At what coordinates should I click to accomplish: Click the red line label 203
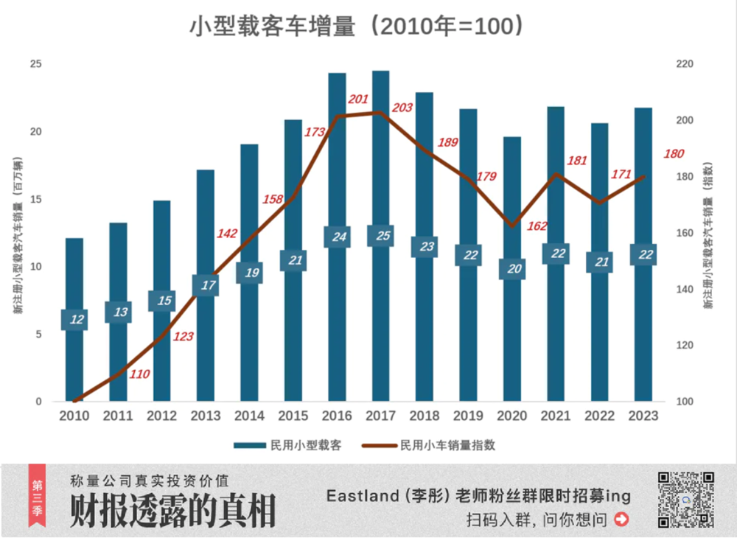pos(402,108)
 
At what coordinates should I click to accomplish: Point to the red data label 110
pos(139,374)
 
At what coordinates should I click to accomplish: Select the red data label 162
pos(537,226)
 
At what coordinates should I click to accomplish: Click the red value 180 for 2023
pos(674,153)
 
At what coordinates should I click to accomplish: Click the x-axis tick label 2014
pos(249,416)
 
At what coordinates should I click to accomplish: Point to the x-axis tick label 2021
pos(556,416)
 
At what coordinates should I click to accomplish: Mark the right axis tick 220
pos(685,64)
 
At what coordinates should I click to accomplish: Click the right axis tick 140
pos(685,289)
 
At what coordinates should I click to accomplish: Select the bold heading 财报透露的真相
pos(172,511)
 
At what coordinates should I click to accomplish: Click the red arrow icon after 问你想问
pos(621,520)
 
